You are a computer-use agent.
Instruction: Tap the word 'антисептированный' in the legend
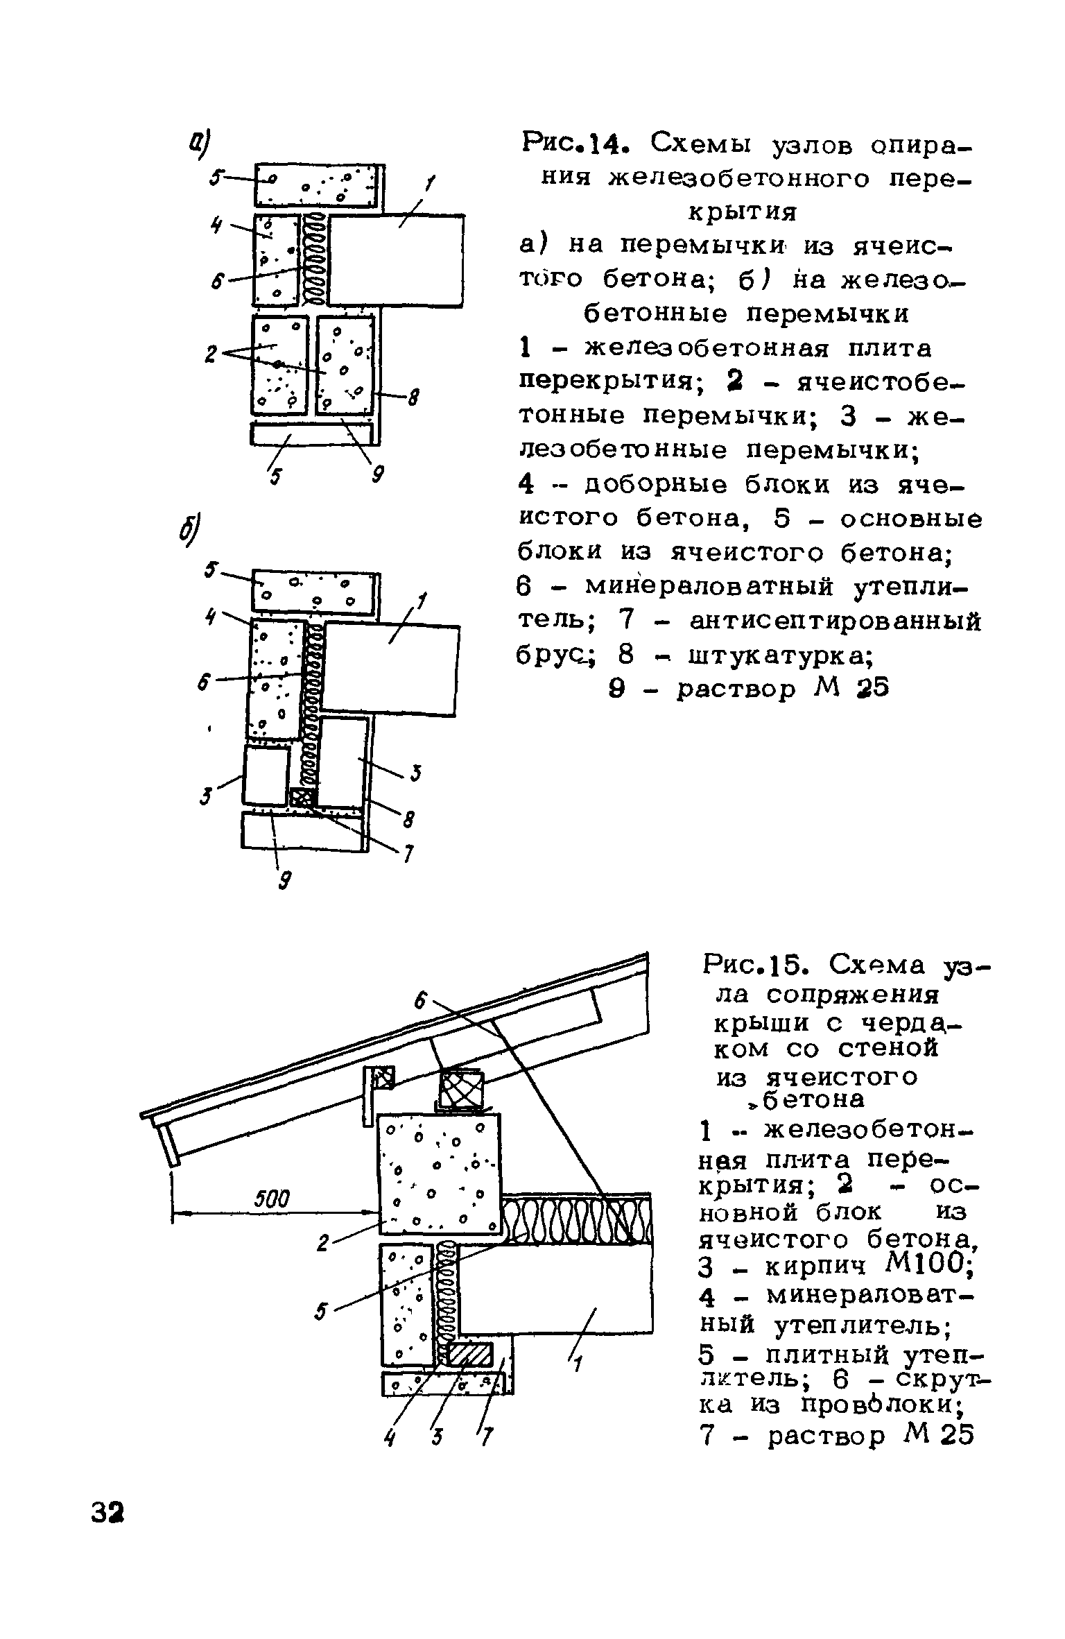coord(835,621)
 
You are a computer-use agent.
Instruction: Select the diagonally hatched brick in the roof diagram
coord(470,1351)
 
